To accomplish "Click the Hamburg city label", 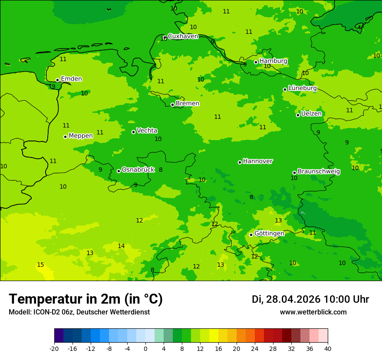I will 273,61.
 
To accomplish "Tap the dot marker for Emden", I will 57,80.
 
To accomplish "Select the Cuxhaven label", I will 183,36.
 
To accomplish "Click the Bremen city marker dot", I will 172,105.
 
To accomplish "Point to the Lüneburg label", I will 303,88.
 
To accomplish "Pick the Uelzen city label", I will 311,114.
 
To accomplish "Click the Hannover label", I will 257,161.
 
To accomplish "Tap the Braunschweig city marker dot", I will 294,173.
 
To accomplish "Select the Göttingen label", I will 269,233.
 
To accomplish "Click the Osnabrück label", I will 138,170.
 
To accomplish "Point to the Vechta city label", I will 147,131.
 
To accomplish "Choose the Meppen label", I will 81,136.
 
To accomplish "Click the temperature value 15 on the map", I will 40,265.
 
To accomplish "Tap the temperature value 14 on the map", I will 121,246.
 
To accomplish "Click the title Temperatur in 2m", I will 86,299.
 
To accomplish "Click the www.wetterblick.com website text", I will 313,312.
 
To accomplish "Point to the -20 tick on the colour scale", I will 54,348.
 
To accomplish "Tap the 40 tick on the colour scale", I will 328,348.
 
